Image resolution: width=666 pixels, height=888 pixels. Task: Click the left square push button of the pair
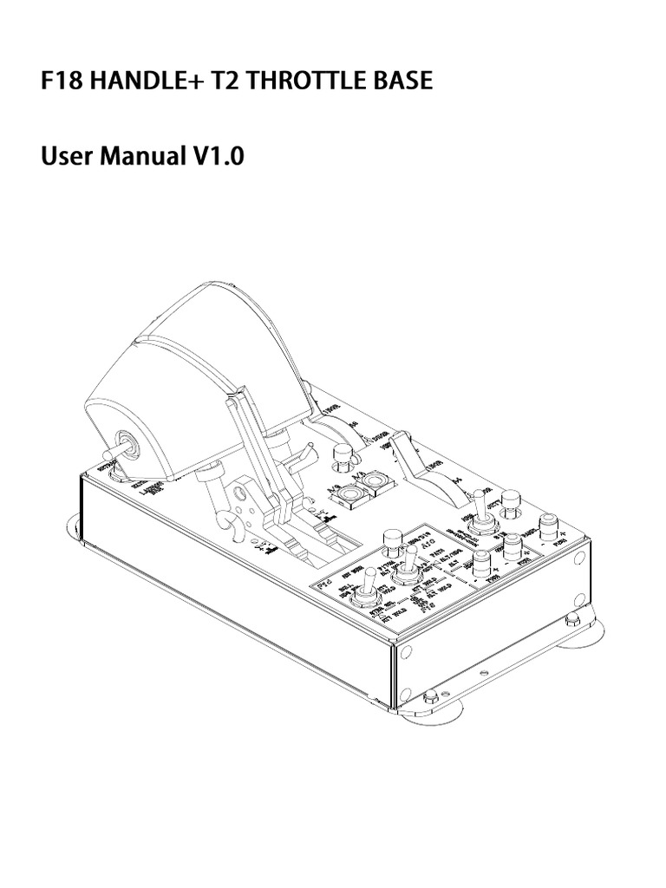(351, 495)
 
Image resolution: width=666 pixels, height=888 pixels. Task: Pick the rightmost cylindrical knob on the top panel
(548, 526)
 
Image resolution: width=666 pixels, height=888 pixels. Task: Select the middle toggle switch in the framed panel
(407, 566)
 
